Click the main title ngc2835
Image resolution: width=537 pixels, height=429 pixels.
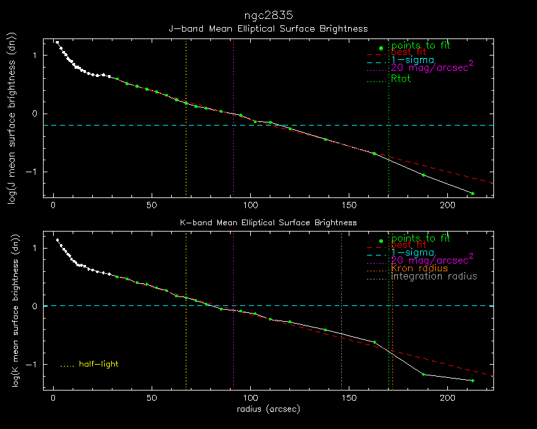tap(268, 15)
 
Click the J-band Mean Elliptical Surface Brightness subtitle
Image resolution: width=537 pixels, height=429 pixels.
tap(268, 29)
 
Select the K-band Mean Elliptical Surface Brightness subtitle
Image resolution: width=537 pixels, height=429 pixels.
tap(268, 223)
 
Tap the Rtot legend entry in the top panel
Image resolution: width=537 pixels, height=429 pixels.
tap(401, 79)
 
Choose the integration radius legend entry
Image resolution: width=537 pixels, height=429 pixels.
tap(434, 276)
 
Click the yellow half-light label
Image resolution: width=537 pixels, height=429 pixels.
tap(99, 364)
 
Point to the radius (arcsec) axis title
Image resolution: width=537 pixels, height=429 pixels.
tap(268, 409)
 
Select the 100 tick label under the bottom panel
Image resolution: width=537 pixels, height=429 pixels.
tap(251, 399)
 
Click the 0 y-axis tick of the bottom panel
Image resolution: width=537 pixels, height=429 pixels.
tap(37, 306)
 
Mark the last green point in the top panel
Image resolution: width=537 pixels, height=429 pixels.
tap(472, 193)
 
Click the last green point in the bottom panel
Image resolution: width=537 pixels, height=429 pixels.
tap(472, 380)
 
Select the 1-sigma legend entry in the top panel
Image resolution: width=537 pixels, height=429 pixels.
tap(413, 60)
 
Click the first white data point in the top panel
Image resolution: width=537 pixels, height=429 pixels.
tap(57, 42)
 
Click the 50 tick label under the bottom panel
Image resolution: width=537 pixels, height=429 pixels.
tap(152, 399)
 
